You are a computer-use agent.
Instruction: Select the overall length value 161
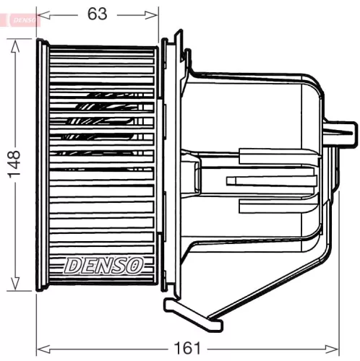tap(189, 348)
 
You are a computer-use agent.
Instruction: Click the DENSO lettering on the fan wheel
tap(103, 265)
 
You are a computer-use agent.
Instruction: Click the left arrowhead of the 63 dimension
tap(42, 13)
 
